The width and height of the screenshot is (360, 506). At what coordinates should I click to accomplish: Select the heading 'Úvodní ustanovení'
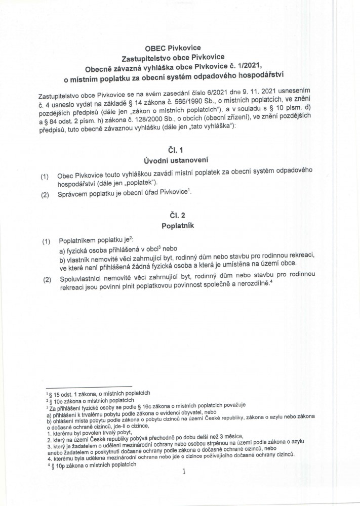(179, 162)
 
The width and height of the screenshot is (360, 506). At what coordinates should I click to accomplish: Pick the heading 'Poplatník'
(179, 227)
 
